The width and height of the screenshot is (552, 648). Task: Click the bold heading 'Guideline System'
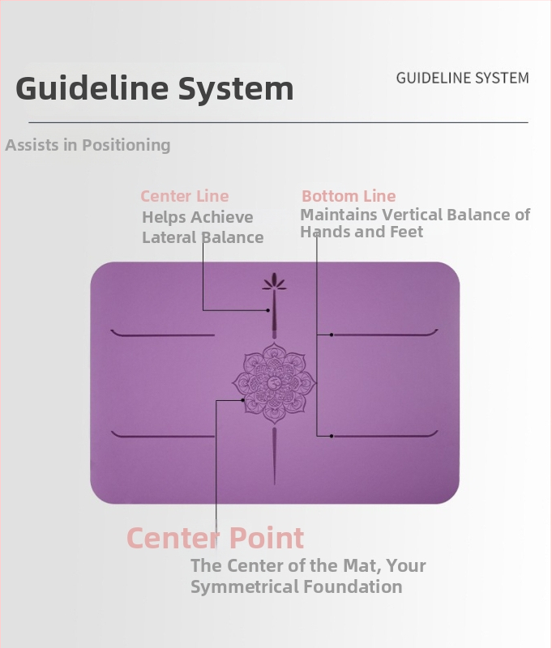(x=154, y=88)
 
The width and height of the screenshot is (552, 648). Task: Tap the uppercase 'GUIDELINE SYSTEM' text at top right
(x=462, y=78)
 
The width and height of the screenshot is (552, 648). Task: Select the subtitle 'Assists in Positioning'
(x=88, y=145)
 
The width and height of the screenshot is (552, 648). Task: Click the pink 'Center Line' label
(x=185, y=196)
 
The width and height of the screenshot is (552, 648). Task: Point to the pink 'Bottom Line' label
(x=349, y=196)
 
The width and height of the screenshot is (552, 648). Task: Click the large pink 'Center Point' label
(x=215, y=538)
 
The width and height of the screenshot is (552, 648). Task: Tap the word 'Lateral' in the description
(x=169, y=237)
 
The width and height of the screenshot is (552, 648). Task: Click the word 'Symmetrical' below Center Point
(x=245, y=586)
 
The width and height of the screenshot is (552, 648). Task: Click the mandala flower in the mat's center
(x=274, y=383)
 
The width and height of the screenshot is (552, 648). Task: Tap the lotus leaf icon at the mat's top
(x=274, y=282)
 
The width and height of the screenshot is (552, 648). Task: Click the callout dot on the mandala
(x=243, y=399)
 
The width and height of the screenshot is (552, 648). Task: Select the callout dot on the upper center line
(x=268, y=310)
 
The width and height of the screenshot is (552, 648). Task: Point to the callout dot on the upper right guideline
(x=332, y=335)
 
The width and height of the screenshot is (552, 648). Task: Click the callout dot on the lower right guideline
(x=332, y=436)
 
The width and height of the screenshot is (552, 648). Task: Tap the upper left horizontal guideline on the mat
(x=162, y=335)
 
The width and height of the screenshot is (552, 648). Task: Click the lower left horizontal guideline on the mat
(x=162, y=436)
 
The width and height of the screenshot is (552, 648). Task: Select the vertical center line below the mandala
(x=274, y=456)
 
